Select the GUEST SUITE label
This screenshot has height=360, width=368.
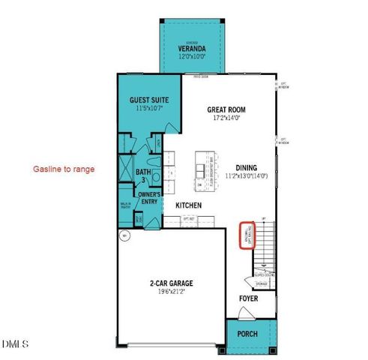click(x=149, y=100)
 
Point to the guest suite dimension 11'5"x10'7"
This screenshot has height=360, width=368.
click(x=149, y=109)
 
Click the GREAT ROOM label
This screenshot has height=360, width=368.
click(x=226, y=110)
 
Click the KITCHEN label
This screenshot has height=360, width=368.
click(x=190, y=205)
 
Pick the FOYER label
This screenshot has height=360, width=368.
click(x=249, y=298)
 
